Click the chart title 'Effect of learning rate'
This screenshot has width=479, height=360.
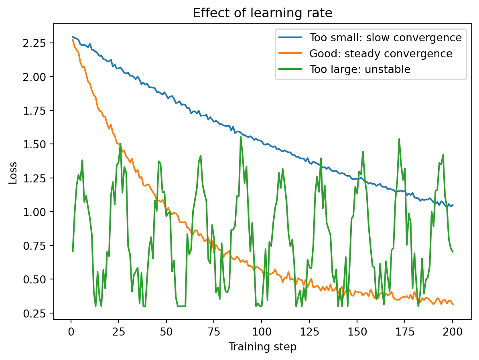pyautogui.click(x=262, y=13)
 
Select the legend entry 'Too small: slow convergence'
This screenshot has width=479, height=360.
pyautogui.click(x=385, y=38)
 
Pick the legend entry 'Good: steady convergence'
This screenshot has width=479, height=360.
pyautogui.click(x=380, y=54)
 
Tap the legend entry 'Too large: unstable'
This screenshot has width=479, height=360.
pyautogui.click(x=359, y=69)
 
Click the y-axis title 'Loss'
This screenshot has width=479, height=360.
pyautogui.click(x=13, y=173)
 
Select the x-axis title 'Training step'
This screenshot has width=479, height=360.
pyautogui.click(x=262, y=347)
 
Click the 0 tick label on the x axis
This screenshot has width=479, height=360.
pyautogui.click(x=71, y=332)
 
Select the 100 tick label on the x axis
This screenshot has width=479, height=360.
pyautogui.click(x=262, y=332)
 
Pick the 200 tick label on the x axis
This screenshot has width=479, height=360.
pyautogui.click(x=453, y=332)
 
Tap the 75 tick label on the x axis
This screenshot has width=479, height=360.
pyautogui.click(x=214, y=332)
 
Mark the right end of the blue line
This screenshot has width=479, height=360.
pyautogui.click(x=453, y=205)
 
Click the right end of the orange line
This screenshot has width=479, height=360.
pyautogui.click(x=453, y=304)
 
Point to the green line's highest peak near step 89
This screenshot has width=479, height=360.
pyautogui.click(x=241, y=137)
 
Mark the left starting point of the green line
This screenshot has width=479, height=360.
pyautogui.click(x=73, y=251)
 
